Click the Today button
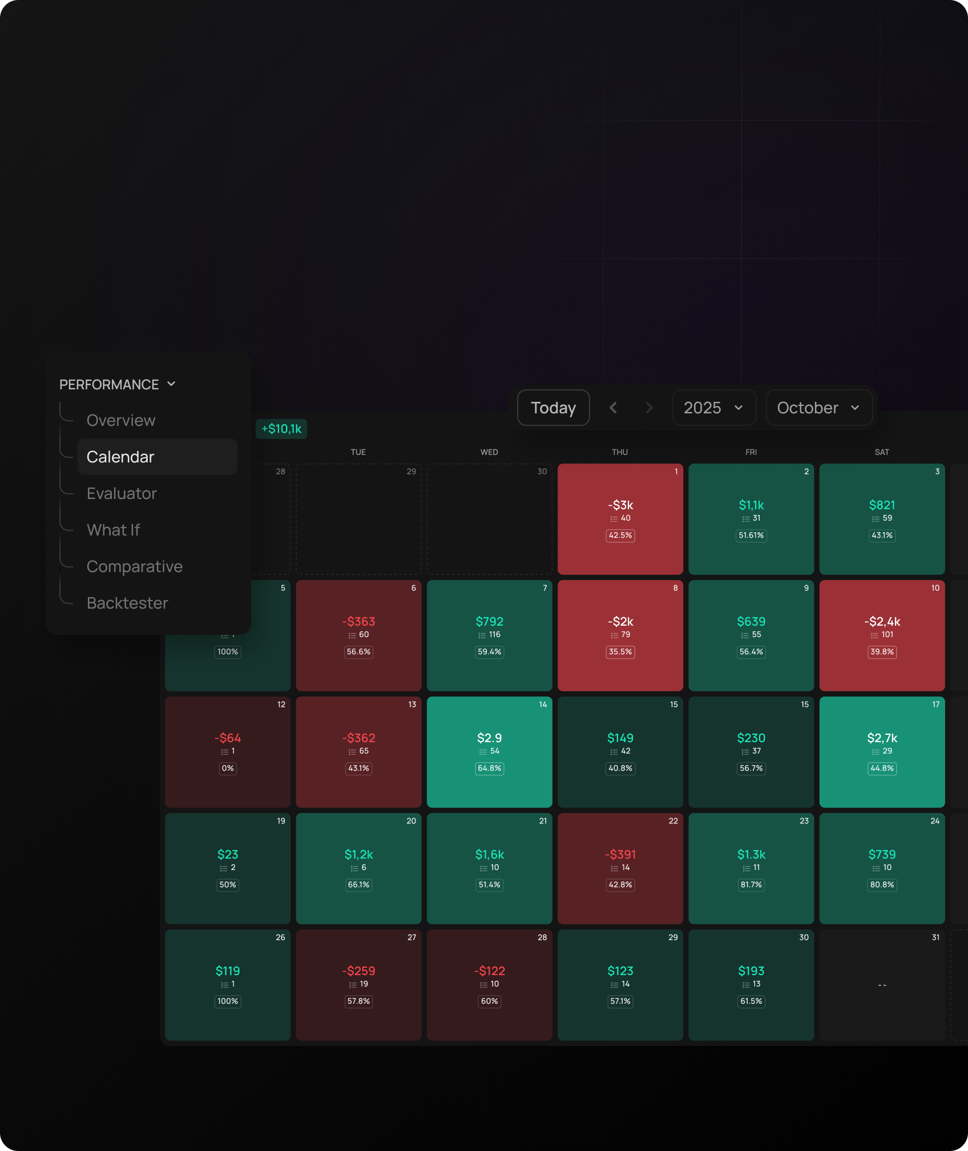pyautogui.click(x=553, y=408)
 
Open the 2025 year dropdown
pyautogui.click(x=714, y=408)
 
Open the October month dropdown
pyautogui.click(x=818, y=408)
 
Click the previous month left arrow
pyautogui.click(x=614, y=408)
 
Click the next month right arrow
pyautogui.click(x=649, y=408)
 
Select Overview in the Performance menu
pyautogui.click(x=121, y=420)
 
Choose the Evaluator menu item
pyautogui.click(x=122, y=493)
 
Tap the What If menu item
pyautogui.click(x=113, y=530)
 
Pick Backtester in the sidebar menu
pyautogui.click(x=127, y=603)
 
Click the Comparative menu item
pyautogui.click(x=135, y=566)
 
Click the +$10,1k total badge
pyautogui.click(x=281, y=429)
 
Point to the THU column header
pyautogui.click(x=620, y=452)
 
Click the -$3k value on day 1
pyautogui.click(x=620, y=505)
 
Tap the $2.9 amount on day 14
pyautogui.click(x=489, y=738)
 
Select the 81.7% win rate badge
pyautogui.click(x=751, y=885)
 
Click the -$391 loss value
pyautogui.click(x=620, y=855)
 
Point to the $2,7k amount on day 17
pyautogui.click(x=882, y=738)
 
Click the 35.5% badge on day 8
pyautogui.click(x=620, y=652)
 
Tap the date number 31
pyautogui.click(x=935, y=937)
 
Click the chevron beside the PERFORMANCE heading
pyautogui.click(x=171, y=384)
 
